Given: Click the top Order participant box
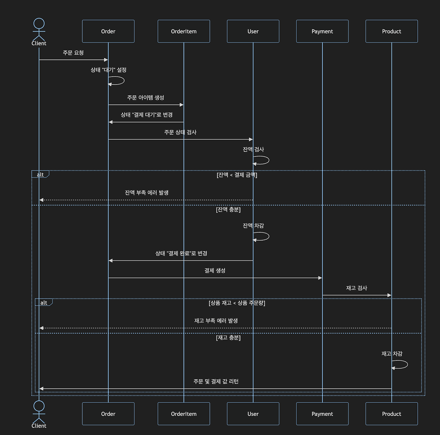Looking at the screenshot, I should click(108, 31).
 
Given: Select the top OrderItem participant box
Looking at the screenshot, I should click(184, 31).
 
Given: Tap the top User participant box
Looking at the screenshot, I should click(253, 31).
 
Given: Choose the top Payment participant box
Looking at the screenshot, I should click(322, 31).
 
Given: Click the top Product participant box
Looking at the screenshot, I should click(392, 31).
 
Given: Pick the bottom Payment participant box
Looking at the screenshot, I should click(322, 414).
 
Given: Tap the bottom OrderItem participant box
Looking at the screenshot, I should click(184, 414).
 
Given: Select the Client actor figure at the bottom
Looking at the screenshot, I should click(39, 412).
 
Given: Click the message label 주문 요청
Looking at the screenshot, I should click(73, 53).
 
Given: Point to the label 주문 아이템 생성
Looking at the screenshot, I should click(145, 98).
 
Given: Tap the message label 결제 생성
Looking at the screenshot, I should click(215, 270).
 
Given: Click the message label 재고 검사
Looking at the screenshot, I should click(356, 288).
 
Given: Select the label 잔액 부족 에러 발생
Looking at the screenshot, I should click(146, 192).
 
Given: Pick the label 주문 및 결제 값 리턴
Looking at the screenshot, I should click(216, 381).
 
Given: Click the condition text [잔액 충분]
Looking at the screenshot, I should click(228, 210).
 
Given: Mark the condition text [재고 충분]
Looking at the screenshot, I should click(228, 338).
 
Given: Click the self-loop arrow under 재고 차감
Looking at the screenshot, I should click(400, 365).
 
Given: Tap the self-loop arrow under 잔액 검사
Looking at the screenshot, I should click(262, 160).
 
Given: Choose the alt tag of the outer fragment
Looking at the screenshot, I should click(40, 175).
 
